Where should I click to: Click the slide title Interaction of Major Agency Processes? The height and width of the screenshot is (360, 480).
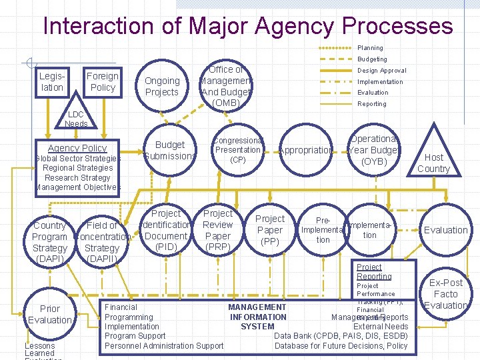point(247,27)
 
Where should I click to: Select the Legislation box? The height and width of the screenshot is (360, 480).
point(52,82)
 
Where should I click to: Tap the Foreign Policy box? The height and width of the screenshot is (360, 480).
point(103,82)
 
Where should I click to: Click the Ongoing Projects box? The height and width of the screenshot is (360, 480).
point(162,87)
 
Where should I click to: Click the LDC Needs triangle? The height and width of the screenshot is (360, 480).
point(75,118)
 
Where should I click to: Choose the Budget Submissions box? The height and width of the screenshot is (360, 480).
point(169,151)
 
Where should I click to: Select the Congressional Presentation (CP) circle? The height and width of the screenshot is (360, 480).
point(238,151)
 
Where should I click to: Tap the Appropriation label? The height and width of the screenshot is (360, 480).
point(305,151)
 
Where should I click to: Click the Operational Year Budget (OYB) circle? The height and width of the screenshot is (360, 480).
point(373,151)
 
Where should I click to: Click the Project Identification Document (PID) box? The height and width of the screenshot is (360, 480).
point(166,231)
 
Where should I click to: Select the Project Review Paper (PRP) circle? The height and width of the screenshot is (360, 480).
point(218,231)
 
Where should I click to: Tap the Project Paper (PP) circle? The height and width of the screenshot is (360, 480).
point(270,230)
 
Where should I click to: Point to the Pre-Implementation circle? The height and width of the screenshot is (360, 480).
point(323,230)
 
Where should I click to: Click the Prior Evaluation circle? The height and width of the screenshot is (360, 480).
point(50,314)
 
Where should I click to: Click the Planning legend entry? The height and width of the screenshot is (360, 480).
point(370,48)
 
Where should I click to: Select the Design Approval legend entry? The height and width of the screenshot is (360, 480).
point(381,71)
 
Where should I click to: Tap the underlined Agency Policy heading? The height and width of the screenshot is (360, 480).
point(77,148)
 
